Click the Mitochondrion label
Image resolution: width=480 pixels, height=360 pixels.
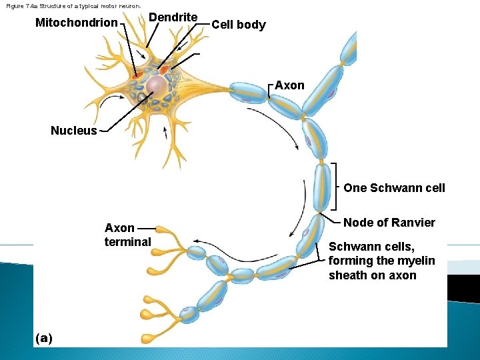click(76, 23)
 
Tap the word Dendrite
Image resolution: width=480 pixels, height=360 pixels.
click(172, 17)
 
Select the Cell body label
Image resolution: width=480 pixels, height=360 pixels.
click(238, 25)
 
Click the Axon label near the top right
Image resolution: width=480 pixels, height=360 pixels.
click(289, 85)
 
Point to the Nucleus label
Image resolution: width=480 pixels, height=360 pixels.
click(73, 131)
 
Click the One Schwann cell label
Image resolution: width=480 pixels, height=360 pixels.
click(394, 188)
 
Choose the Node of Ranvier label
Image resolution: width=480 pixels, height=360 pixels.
click(389, 223)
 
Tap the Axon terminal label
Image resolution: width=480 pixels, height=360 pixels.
click(127, 235)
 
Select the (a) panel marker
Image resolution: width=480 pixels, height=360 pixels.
click(43, 338)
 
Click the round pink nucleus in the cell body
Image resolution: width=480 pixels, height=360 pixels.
click(157, 85)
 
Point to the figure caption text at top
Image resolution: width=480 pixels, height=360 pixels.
click(73, 5)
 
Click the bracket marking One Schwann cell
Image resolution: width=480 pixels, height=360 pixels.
click(337, 188)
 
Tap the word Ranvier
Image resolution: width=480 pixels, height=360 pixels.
click(414, 223)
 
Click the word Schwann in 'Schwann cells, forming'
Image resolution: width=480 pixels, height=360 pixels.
click(351, 247)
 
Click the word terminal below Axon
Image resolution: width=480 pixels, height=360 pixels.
click(127, 241)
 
